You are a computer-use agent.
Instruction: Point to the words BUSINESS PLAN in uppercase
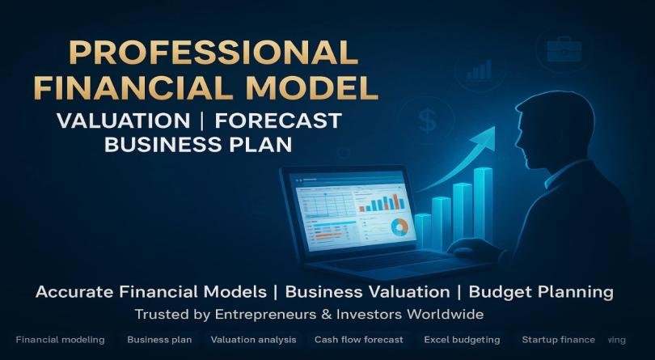pyautogui.click(x=198, y=145)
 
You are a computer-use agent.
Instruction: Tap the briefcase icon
pyautogui.click(x=560, y=50)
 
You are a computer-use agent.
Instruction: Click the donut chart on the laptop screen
pyautogui.click(x=399, y=228)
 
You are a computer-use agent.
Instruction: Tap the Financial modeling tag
pyautogui.click(x=60, y=340)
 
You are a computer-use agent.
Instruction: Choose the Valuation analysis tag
pyautogui.click(x=253, y=340)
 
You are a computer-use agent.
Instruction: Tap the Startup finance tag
pyautogui.click(x=558, y=340)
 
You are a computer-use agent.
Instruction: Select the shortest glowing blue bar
pyautogui.click(x=423, y=230)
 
